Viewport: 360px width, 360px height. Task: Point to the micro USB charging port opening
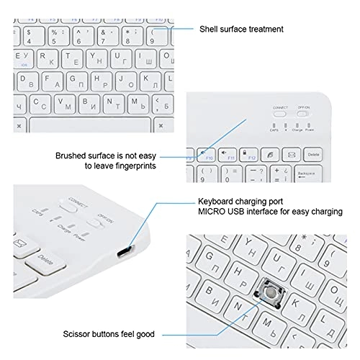124,251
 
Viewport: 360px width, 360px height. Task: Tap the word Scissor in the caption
73,334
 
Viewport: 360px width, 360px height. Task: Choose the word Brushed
71,155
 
